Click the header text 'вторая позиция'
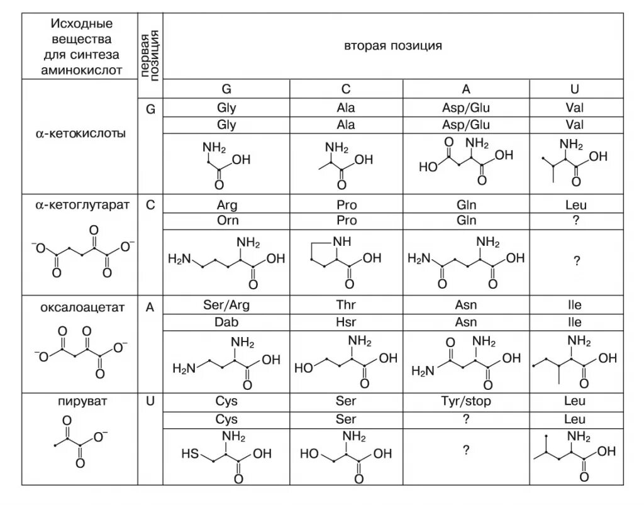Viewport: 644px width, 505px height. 393,47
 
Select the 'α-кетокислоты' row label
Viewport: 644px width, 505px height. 80,133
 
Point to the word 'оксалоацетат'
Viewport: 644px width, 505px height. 80,308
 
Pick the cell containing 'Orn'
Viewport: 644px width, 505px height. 227,221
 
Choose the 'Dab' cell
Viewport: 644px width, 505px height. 227,322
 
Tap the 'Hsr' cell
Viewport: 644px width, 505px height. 346,322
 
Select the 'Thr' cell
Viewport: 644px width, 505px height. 346,306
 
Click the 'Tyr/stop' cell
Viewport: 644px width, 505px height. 466,401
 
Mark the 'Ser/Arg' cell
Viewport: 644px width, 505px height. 227,306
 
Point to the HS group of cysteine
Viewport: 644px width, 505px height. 189,452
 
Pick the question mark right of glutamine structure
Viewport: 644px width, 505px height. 576,263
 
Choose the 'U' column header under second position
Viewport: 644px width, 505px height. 576,89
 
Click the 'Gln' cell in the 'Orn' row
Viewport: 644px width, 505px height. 466,221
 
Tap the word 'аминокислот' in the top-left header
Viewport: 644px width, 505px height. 80,70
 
